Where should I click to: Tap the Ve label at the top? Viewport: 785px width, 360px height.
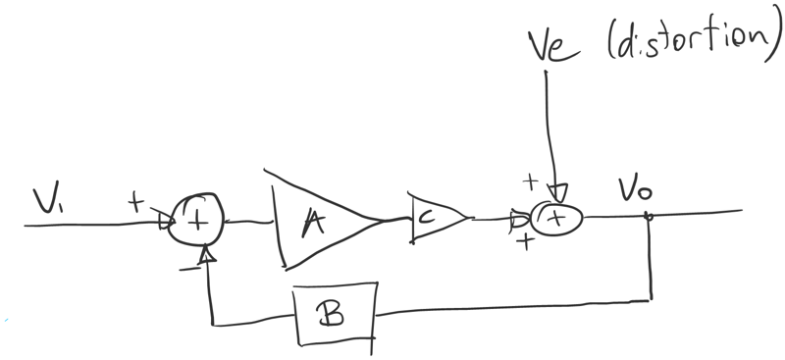tap(554, 46)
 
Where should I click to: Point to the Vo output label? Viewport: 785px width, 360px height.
tap(635, 190)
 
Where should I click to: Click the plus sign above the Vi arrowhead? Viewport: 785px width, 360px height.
tap(135, 201)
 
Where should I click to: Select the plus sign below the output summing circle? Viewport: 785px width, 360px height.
tap(525, 242)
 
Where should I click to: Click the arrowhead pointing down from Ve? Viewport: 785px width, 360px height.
tap(556, 193)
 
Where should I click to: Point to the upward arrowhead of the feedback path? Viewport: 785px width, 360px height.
tap(207, 254)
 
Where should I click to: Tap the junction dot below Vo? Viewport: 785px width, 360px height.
tap(649, 217)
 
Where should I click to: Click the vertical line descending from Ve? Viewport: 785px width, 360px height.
tap(550, 129)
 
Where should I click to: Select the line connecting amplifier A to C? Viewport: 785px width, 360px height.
tap(397, 219)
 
